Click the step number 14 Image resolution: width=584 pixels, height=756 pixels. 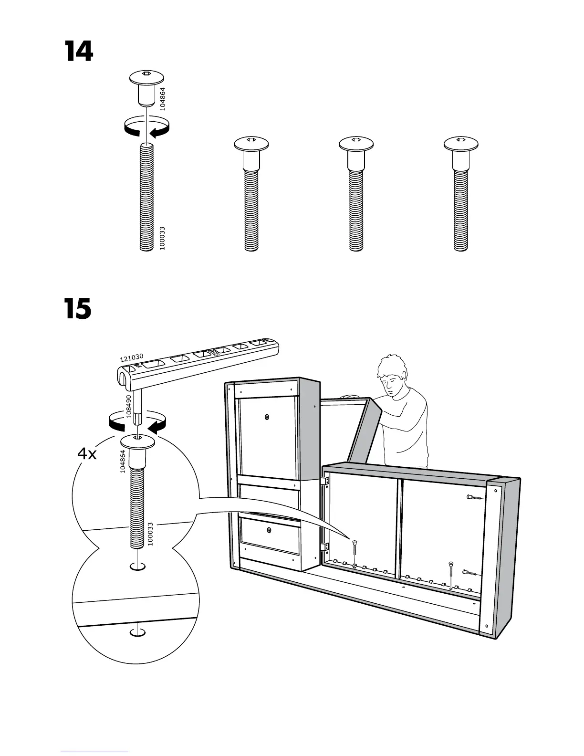click(x=79, y=52)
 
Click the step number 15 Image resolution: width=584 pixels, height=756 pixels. click(x=78, y=309)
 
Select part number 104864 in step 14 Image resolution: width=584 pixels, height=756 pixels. click(x=163, y=99)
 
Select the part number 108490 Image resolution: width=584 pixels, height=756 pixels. click(x=129, y=406)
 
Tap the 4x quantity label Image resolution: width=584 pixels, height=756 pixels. click(x=87, y=454)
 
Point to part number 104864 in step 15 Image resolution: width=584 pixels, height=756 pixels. click(x=123, y=462)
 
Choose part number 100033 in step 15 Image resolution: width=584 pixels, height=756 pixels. click(x=150, y=534)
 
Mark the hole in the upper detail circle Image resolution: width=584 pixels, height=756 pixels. click(x=137, y=566)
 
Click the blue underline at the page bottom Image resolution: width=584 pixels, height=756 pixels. click(x=94, y=752)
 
